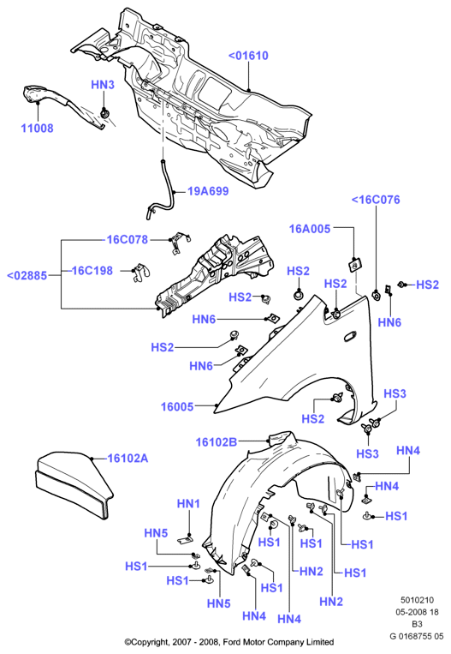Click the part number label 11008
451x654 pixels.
coord(38,128)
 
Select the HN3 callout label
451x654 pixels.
coord(103,85)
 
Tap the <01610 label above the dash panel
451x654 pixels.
coord(248,56)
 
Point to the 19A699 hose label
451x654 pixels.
coord(208,191)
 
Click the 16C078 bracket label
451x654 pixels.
coord(128,240)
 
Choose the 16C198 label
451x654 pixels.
coord(92,271)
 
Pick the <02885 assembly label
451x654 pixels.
coord(27,276)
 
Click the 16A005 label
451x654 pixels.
coord(310,229)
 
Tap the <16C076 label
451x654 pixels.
coord(376,200)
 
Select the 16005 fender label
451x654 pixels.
coord(177,406)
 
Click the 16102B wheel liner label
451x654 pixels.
coord(217,442)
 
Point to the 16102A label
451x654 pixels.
coord(128,459)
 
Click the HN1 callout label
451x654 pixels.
coord(188,504)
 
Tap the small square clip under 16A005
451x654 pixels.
coord(354,265)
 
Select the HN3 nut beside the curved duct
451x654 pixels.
coord(105,113)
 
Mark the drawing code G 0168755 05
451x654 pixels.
coord(417,637)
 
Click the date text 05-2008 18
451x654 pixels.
coord(417,612)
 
